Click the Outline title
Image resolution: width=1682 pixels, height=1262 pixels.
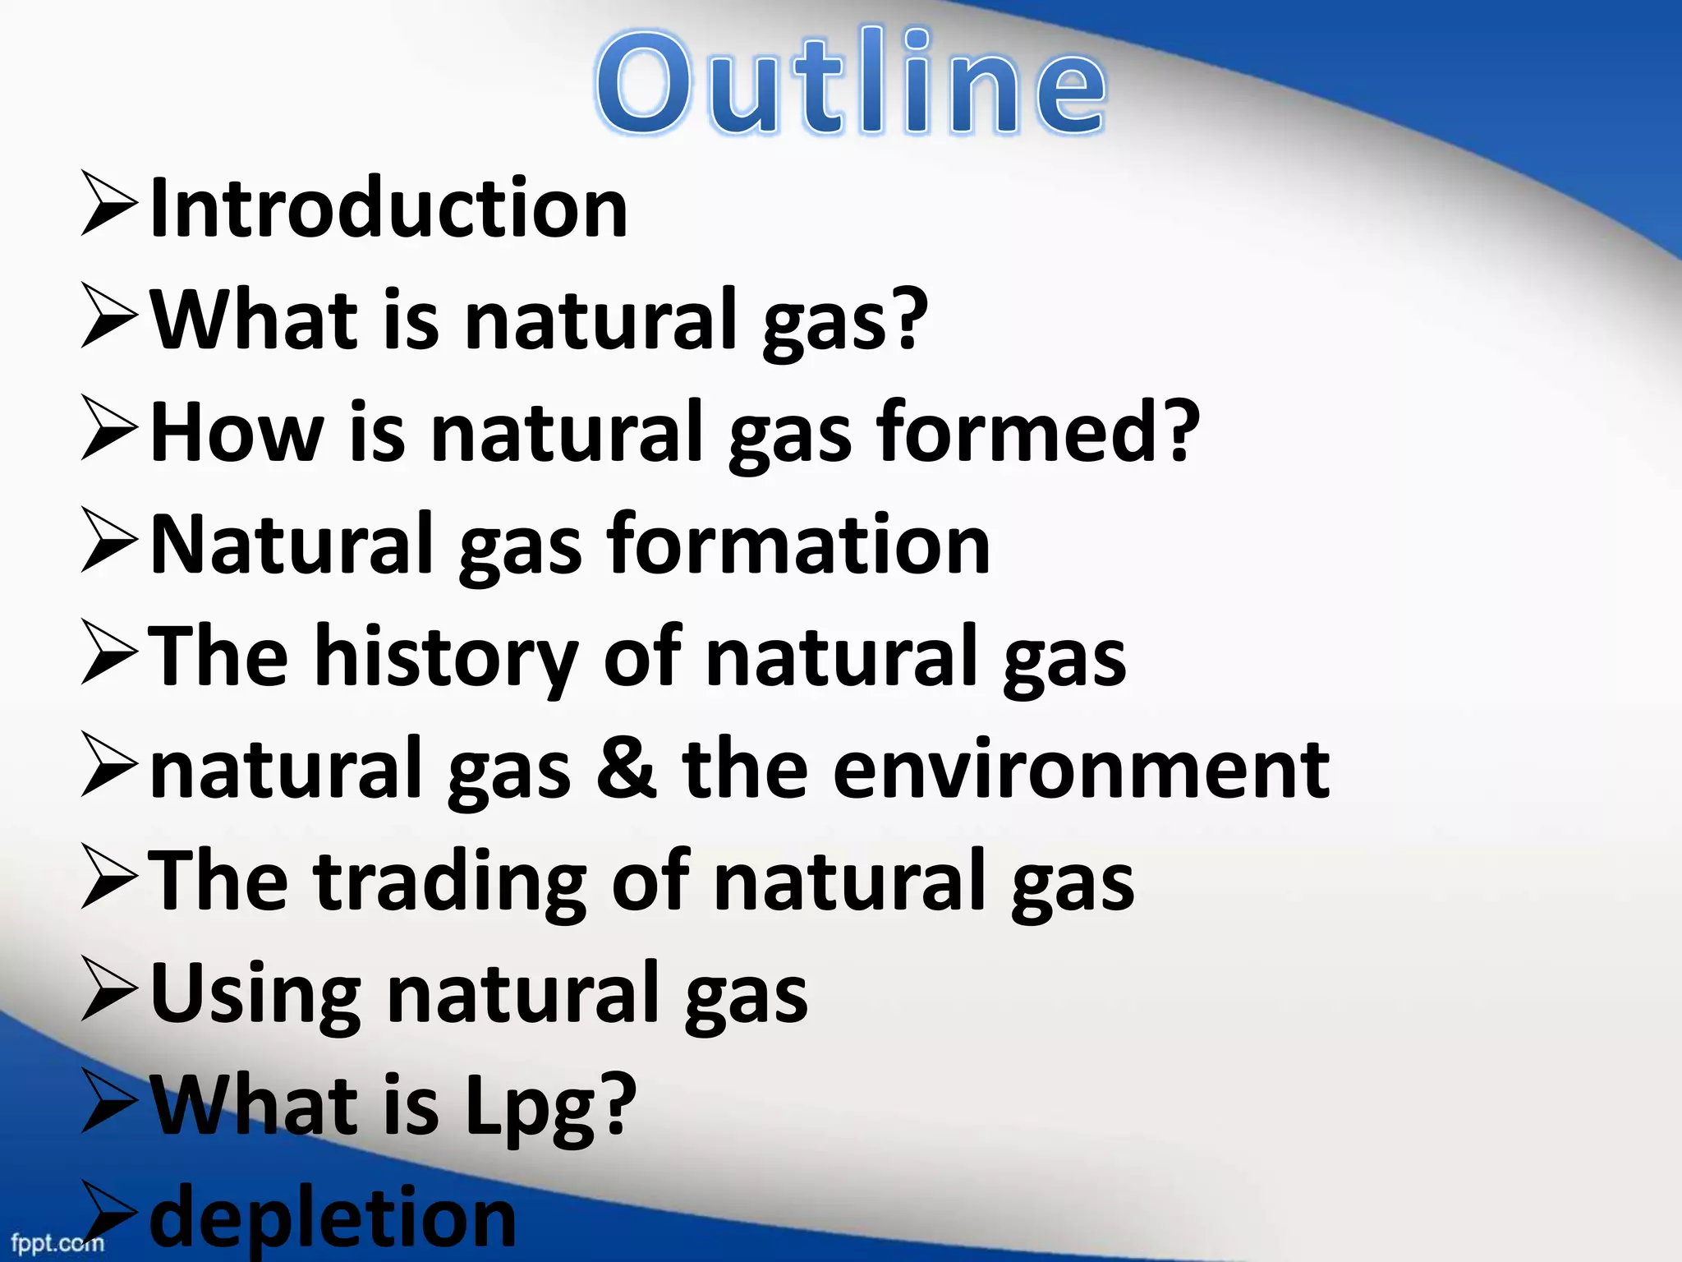coord(851,82)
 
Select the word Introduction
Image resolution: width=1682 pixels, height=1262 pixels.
coord(389,209)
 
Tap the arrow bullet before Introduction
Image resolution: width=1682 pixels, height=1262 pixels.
coord(110,204)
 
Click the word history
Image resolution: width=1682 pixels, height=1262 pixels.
coord(447,657)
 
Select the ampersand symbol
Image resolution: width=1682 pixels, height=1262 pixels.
coord(627,768)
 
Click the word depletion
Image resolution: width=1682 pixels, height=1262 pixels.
coord(333,1218)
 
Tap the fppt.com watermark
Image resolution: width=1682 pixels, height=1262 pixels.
coord(57,1242)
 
